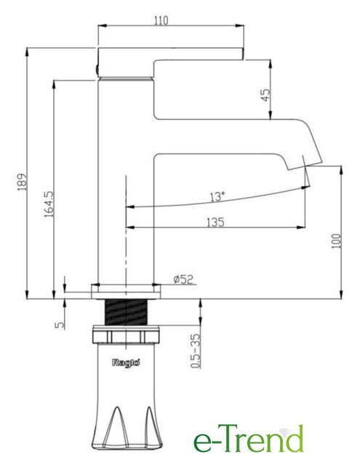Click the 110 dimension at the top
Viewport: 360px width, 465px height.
(161, 21)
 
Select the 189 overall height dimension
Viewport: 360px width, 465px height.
(23, 182)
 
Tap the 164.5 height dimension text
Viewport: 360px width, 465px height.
(49, 204)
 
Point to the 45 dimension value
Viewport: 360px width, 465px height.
(266, 95)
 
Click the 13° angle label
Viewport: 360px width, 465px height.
(217, 197)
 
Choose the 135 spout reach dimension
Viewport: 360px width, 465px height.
(215, 222)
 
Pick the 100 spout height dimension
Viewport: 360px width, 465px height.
(336, 240)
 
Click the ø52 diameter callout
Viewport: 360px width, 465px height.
(183, 279)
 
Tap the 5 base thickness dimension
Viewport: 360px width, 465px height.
(60, 325)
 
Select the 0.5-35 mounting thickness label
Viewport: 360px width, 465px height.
(195, 351)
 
